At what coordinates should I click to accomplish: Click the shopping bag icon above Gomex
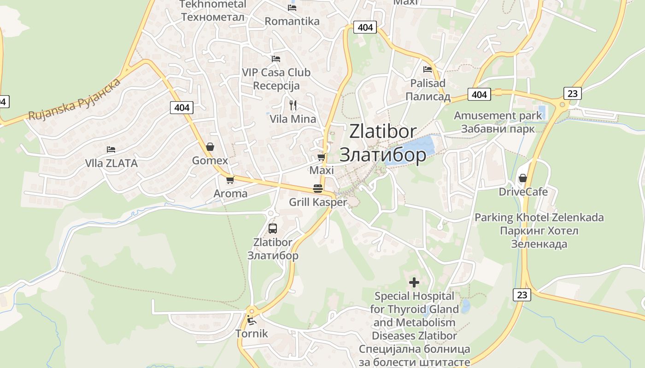coord(210,147)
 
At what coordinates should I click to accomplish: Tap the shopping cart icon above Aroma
coord(230,180)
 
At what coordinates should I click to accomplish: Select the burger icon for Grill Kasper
coord(317,188)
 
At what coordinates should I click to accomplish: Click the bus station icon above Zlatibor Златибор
coord(273,228)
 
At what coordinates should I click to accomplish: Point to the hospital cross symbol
coord(414,282)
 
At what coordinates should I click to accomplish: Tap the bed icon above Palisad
coord(428,69)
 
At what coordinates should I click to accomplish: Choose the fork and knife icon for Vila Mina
coord(293,105)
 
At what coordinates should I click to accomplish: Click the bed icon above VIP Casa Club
coord(276,59)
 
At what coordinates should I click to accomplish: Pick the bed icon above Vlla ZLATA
coord(111,149)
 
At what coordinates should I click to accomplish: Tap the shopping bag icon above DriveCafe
coord(523,178)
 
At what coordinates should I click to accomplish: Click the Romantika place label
coord(292,21)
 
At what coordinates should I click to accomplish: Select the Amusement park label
coord(498,115)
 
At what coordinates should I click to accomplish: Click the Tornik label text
coord(252,333)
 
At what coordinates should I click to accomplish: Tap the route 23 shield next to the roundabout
coord(572,93)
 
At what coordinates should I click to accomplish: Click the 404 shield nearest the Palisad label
coord(479,94)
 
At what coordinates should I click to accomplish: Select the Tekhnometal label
coord(213,5)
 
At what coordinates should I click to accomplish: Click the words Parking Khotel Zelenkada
coord(539,217)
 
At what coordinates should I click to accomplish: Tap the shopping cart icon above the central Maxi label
coord(322,157)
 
